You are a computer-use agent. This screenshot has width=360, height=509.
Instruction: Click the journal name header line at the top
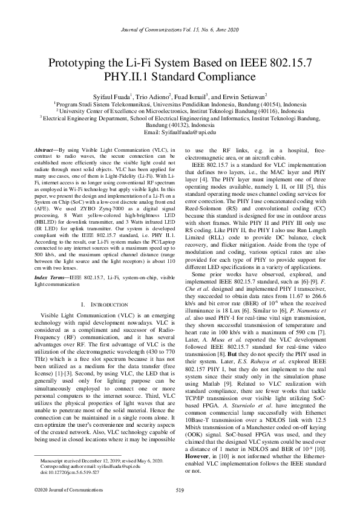tap(180, 30)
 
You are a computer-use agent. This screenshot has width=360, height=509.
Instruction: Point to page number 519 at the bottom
tap(180, 490)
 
